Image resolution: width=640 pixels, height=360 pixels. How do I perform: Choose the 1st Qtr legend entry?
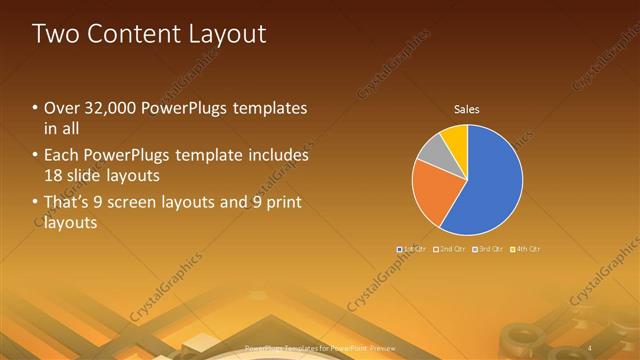click(412, 248)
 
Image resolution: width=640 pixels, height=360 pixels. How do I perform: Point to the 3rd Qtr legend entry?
click(488, 248)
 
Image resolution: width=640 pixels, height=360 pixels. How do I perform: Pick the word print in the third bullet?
click(281, 203)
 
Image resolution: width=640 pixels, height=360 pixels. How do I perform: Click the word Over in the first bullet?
click(60, 108)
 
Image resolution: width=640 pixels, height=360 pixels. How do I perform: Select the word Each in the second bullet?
click(60, 156)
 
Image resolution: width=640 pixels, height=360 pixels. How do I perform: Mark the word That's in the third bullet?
click(65, 203)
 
